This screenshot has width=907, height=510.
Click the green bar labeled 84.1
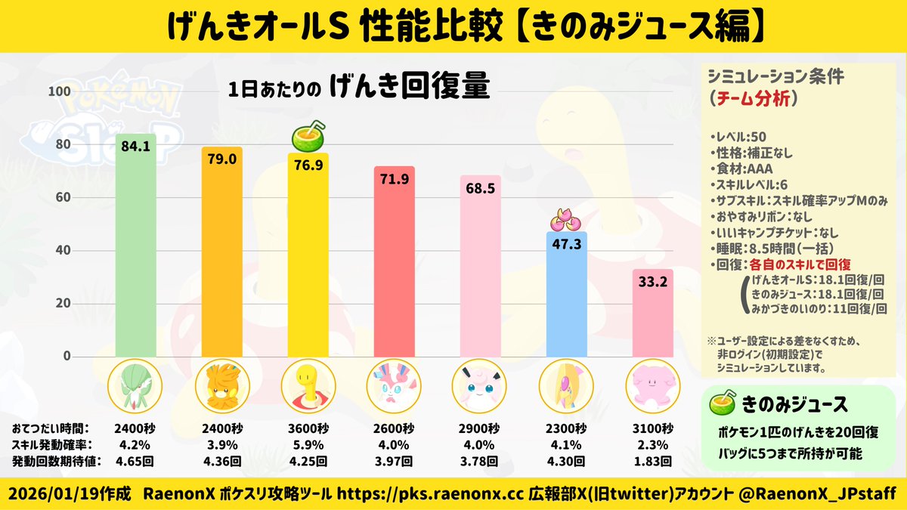[135, 249]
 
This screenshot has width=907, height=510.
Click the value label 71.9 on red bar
[394, 180]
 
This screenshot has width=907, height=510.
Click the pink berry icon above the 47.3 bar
[566, 220]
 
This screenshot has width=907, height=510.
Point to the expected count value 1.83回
[652, 460]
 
